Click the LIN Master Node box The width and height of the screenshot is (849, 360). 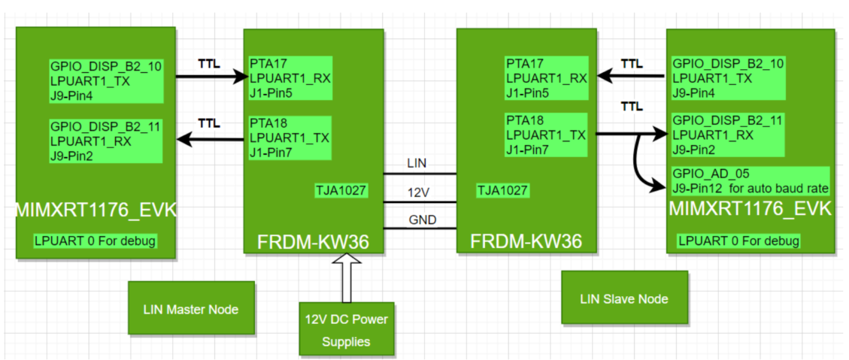pos(191,308)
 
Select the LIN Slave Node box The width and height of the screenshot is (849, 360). pos(623,298)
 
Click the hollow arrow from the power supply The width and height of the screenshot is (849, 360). pos(346,277)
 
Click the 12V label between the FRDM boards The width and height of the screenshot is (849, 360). pos(418,192)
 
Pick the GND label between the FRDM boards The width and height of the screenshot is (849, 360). pos(420,219)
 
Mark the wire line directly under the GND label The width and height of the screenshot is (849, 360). pos(420,230)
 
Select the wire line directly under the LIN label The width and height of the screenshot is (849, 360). pos(420,173)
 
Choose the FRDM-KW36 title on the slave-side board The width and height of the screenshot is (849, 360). pos(526,242)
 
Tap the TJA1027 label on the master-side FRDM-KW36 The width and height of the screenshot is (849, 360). pos(341,191)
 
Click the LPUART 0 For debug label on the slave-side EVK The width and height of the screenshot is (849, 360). pos(738,241)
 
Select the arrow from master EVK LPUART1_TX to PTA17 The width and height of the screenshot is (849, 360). pos(208,76)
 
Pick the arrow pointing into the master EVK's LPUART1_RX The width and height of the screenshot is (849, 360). pos(208,137)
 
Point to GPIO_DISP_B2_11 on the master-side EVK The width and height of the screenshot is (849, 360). pos(105,126)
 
